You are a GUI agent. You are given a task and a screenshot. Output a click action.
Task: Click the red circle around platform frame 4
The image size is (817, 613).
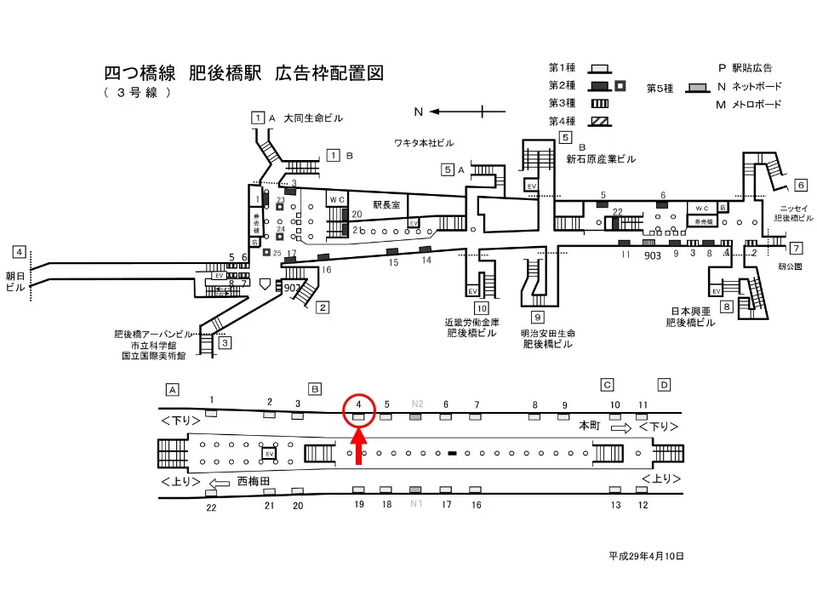coord(359,410)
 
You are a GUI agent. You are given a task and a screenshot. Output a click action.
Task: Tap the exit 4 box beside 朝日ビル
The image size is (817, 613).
coord(19,252)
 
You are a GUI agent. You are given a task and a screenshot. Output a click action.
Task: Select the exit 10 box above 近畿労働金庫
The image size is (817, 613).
coord(482,308)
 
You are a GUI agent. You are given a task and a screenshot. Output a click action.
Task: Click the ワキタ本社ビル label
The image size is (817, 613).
coord(424,141)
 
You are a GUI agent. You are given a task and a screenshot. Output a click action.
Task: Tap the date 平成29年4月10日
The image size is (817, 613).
coord(646,556)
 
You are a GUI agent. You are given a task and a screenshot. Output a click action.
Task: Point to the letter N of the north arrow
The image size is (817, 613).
coord(418,112)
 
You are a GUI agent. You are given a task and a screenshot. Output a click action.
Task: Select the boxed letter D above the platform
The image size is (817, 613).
coord(664,384)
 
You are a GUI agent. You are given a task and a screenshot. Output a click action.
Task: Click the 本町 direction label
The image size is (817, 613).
coord(590,424)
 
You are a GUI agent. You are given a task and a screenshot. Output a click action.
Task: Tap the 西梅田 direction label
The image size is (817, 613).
coord(253,481)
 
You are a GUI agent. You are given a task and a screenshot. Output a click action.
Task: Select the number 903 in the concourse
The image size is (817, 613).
coord(653,255)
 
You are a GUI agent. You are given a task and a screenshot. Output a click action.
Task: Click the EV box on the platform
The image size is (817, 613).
coord(270,454)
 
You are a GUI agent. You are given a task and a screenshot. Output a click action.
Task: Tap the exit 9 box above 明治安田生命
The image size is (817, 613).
coord(538,318)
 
